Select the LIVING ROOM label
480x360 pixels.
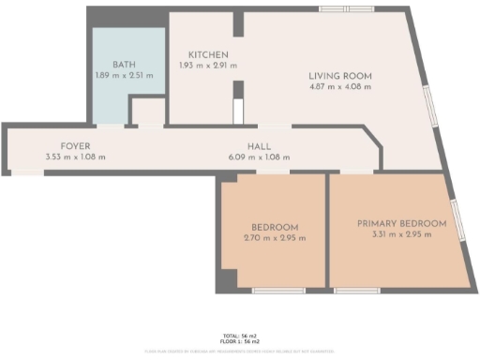(340, 75)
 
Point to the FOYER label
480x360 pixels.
(75, 146)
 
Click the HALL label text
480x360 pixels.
(260, 146)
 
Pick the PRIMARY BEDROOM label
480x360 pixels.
(401, 223)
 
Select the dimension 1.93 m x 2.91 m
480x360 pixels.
(207, 66)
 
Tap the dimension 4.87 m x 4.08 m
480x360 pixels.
(340, 86)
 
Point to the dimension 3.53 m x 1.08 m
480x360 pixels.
(75, 157)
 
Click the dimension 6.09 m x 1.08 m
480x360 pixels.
(260, 157)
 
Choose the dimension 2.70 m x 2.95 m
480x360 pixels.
(275, 238)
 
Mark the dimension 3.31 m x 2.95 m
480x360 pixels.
(401, 234)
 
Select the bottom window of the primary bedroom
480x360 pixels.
(351, 291)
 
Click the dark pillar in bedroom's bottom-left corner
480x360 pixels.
(226, 278)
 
